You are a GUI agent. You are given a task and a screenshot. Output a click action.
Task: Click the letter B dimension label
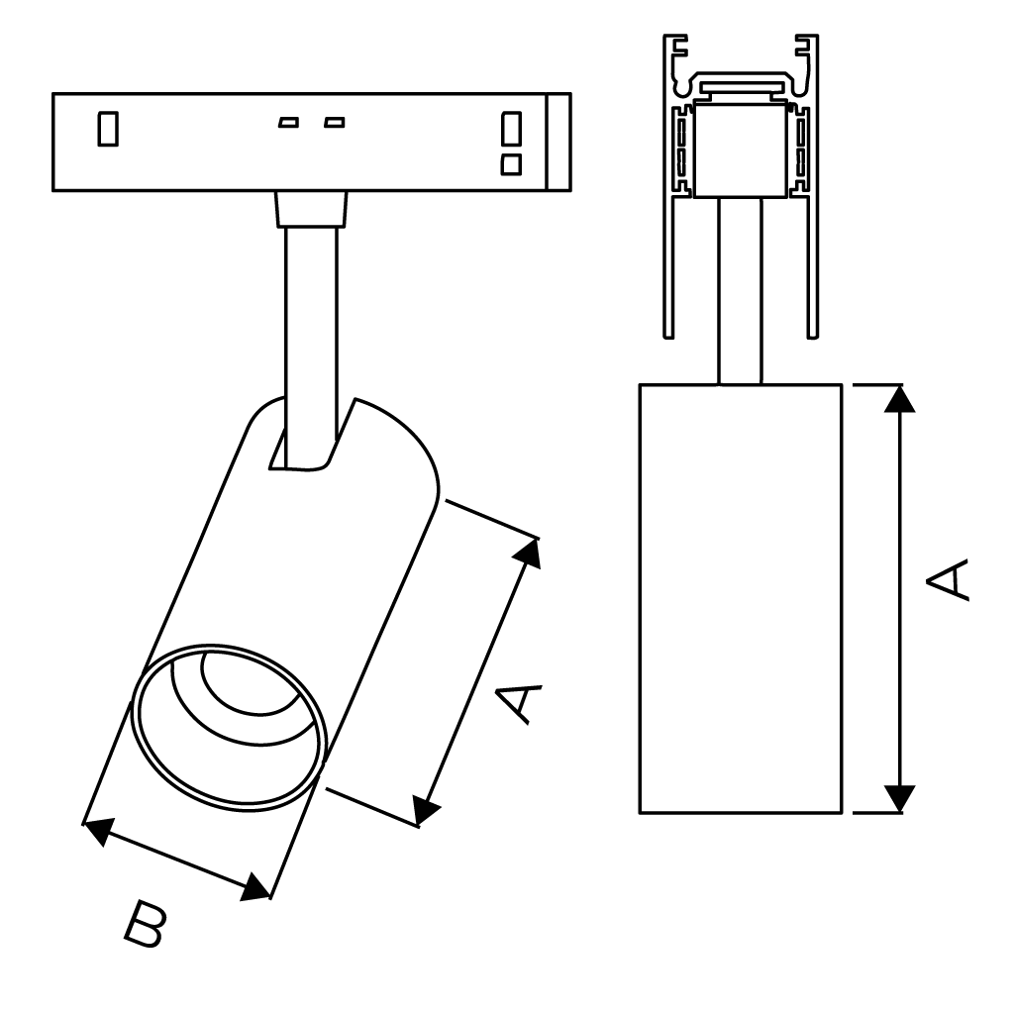pos(146,924)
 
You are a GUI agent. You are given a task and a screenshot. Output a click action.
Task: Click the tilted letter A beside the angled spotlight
pos(519,701)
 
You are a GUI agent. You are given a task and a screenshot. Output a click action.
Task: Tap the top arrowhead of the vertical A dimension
pos(899,398)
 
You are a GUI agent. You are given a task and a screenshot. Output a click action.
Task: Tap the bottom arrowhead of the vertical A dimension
pos(899,798)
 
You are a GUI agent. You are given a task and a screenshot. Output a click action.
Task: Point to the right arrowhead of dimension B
pos(256,887)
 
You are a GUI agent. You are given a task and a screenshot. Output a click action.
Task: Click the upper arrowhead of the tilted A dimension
pos(529,553)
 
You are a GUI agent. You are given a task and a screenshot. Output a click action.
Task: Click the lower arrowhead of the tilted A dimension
pos(427,811)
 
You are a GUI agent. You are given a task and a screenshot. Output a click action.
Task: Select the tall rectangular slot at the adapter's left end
pos(108,129)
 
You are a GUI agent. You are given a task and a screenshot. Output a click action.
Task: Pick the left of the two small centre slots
pos(288,123)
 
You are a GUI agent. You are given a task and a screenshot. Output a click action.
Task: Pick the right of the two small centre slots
pos(335,123)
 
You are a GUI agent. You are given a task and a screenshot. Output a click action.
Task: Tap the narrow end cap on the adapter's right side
pos(558,142)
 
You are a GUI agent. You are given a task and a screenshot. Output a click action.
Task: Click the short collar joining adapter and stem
pos(311,210)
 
